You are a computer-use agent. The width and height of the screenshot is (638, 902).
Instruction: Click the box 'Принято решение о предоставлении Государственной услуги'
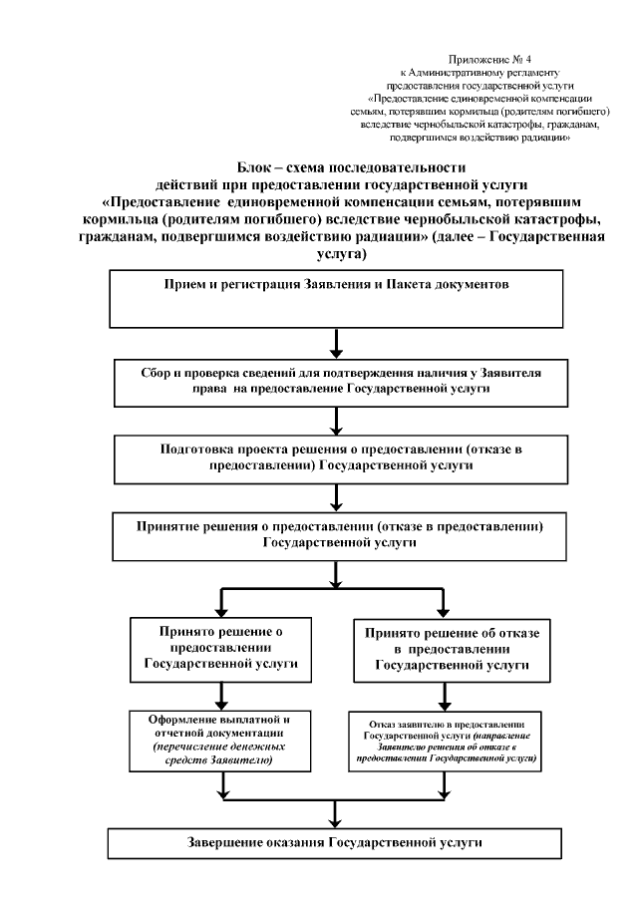pos(222,647)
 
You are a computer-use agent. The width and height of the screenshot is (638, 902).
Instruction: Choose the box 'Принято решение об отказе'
pos(445,647)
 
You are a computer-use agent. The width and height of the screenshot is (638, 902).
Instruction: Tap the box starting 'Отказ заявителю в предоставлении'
pos(445,739)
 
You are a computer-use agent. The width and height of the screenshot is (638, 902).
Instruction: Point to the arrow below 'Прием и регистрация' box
pos(339,341)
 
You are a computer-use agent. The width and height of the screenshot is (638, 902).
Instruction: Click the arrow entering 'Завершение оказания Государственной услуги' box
pos(339,812)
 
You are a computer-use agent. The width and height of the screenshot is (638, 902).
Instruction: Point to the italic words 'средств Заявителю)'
pos(222,760)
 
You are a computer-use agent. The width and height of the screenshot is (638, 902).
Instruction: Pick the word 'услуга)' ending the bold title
pos(338,255)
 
